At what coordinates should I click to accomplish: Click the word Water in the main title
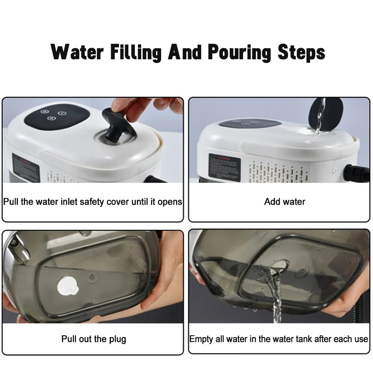(77, 52)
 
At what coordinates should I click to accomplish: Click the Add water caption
(284, 202)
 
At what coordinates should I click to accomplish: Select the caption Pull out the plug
(94, 339)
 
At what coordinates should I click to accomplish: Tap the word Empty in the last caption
(201, 339)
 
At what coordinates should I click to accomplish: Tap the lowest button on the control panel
(51, 119)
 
